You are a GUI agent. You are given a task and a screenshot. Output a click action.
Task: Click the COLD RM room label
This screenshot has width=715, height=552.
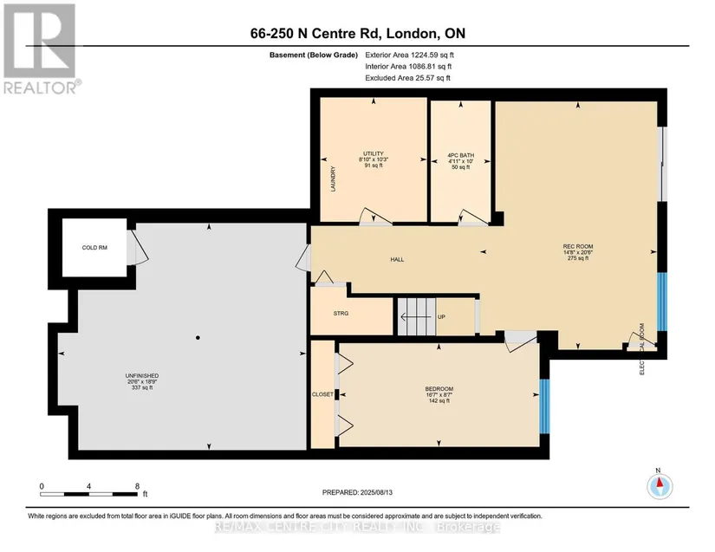[x=94, y=248]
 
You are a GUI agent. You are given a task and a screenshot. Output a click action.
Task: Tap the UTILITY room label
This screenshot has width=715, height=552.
[x=374, y=153]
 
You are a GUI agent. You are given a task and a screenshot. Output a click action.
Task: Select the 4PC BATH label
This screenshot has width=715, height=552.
[x=460, y=155]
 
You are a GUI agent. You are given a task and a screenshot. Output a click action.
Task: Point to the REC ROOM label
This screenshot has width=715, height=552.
[x=578, y=247]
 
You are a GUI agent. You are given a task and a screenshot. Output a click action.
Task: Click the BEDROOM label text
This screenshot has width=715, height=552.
[x=439, y=389]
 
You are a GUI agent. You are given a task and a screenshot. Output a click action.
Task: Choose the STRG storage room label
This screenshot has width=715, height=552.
[x=341, y=313]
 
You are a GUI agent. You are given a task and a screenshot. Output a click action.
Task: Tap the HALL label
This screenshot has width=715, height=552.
[x=397, y=259]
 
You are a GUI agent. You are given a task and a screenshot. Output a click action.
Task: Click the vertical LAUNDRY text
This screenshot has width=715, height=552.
[x=333, y=179]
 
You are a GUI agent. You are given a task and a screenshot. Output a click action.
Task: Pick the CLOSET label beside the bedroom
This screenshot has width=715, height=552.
[x=322, y=394]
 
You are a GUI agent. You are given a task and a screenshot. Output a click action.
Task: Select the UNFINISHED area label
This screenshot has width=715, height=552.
[x=142, y=375]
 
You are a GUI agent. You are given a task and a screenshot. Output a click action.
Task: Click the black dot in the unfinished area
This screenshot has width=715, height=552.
[x=198, y=338]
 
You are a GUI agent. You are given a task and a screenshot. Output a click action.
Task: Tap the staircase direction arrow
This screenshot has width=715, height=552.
[x=415, y=316]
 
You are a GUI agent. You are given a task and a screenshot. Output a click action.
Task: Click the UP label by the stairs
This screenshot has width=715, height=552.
[x=441, y=317]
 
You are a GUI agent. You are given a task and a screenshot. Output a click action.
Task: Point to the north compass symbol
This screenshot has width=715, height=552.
[x=660, y=486]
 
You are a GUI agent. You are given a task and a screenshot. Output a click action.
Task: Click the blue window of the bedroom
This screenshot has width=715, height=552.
[x=544, y=406]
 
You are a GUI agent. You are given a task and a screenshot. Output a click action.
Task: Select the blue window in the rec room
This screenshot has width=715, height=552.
[x=661, y=302]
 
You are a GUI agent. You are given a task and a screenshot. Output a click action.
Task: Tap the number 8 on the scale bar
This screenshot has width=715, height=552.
[x=137, y=486]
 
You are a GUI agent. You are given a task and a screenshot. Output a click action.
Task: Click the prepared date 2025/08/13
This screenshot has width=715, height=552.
[x=376, y=492]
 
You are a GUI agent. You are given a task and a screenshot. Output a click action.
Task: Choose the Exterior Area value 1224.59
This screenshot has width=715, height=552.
[x=425, y=55]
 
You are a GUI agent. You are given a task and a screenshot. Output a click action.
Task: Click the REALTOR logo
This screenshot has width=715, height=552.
[x=40, y=49]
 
